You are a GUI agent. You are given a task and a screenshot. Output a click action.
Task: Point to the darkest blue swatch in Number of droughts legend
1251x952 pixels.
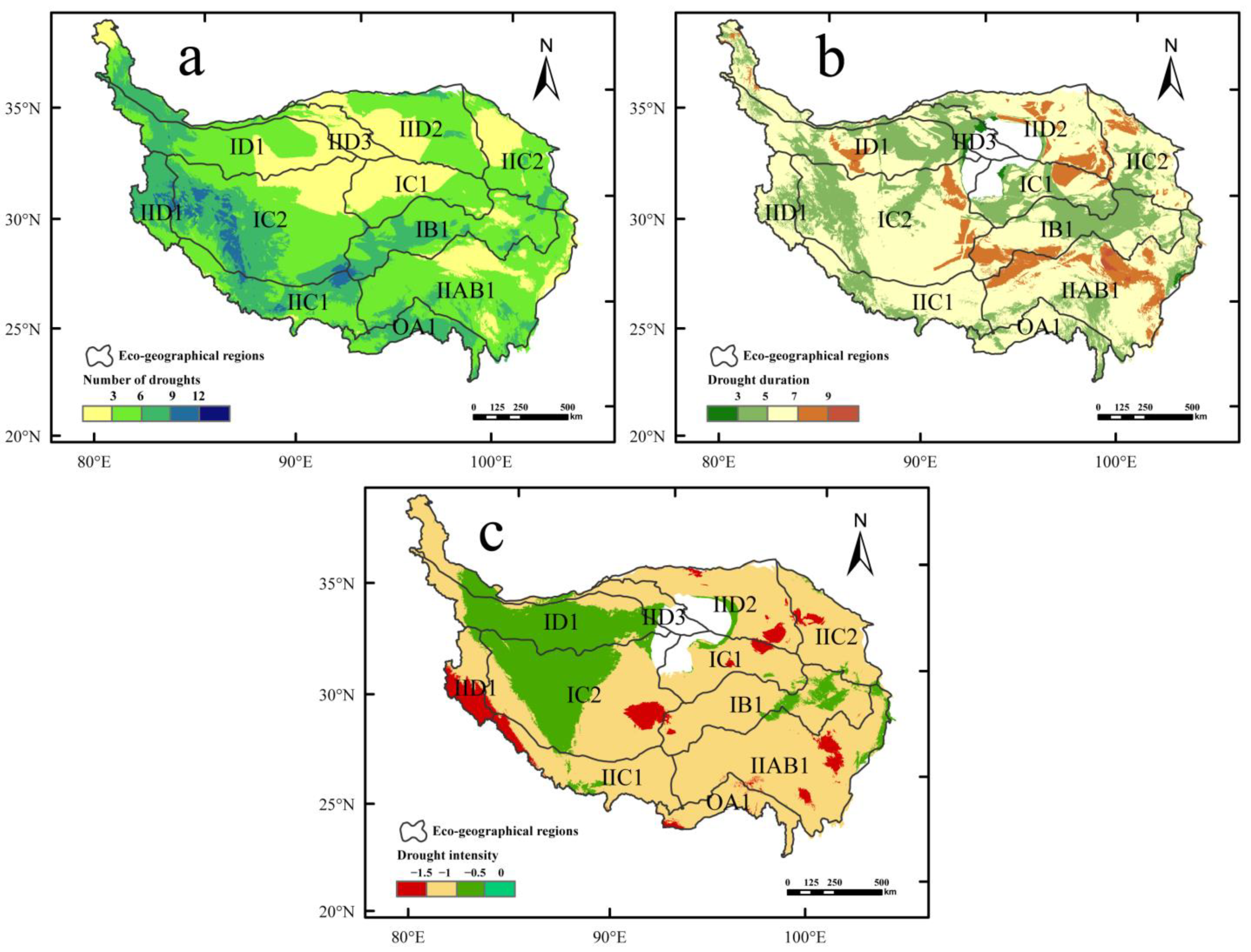point(214,414)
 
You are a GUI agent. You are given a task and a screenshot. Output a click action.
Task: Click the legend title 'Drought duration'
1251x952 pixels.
point(758,380)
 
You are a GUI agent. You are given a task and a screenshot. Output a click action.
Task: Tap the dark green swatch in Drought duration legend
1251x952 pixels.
point(722,414)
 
